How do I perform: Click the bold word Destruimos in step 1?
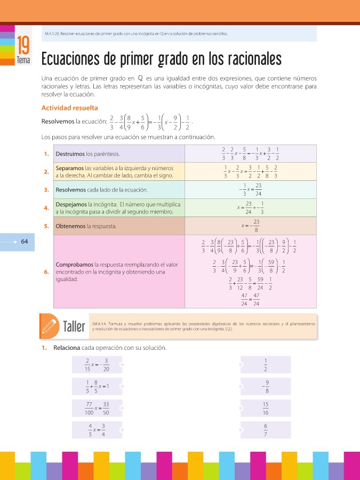[x=70, y=154]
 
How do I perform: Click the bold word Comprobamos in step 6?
[x=74, y=265]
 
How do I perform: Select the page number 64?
[x=25, y=241]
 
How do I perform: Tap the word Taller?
[x=74, y=326]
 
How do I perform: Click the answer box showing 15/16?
[x=265, y=408]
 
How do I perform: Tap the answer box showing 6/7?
[x=265, y=429]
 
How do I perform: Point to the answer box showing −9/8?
[x=265, y=386]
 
